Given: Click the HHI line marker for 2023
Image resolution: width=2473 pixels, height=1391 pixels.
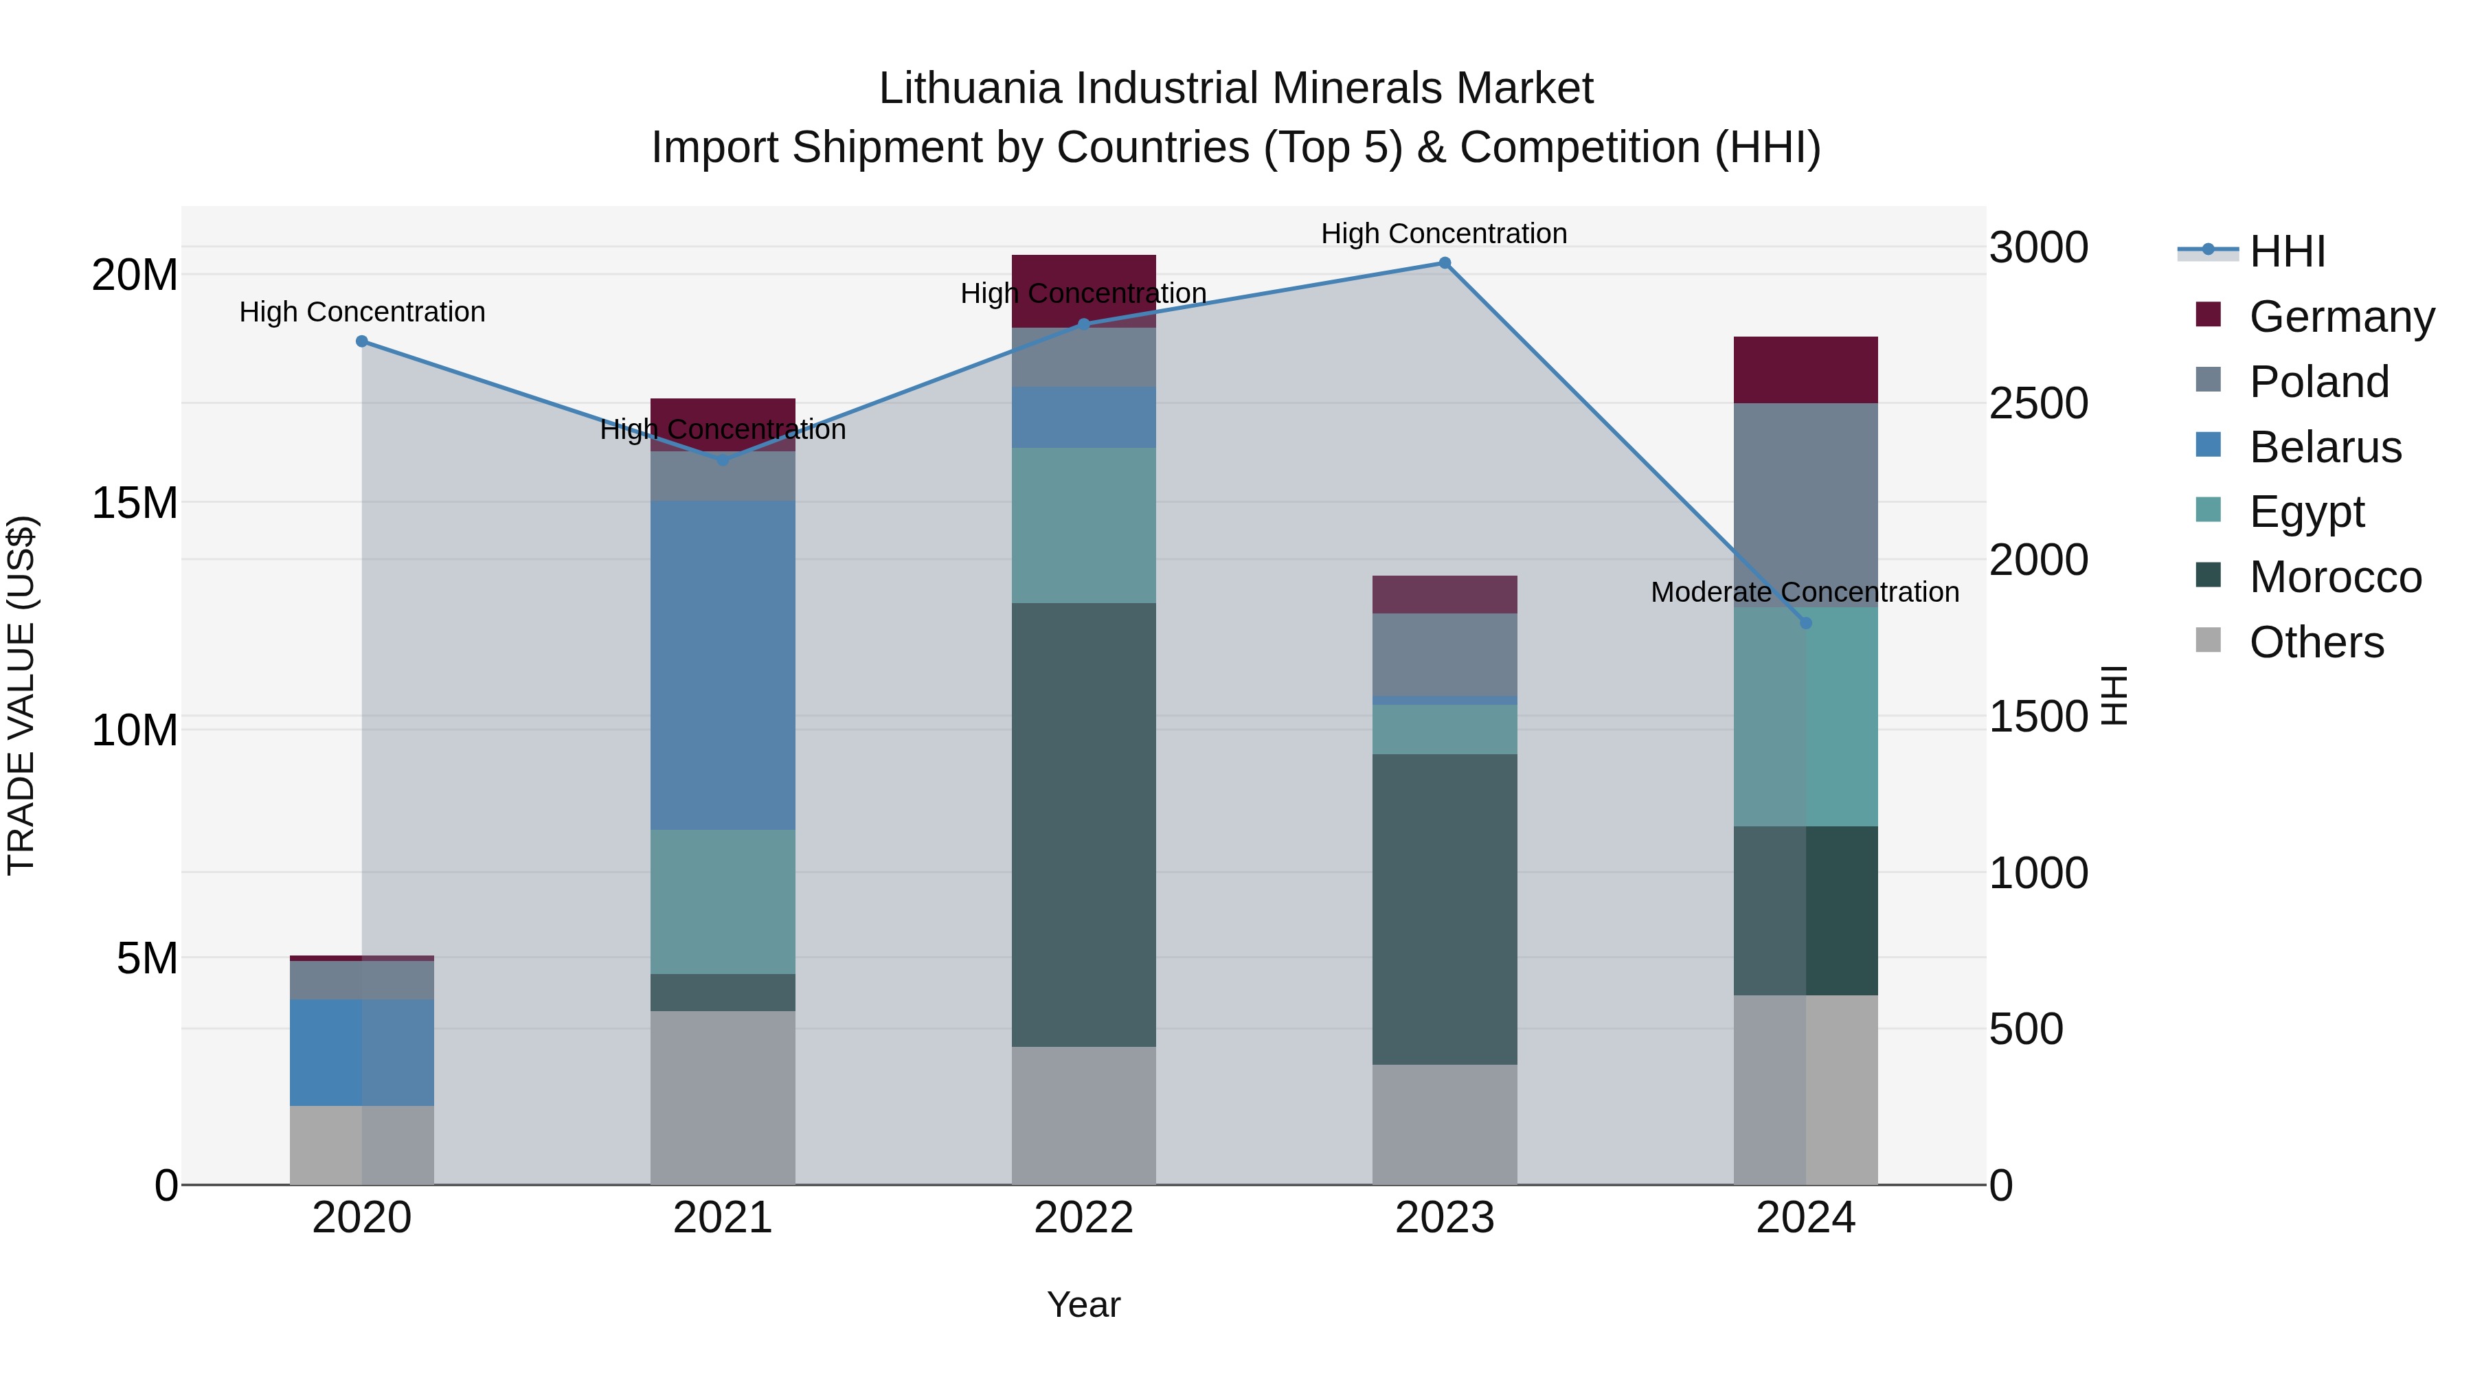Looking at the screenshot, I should [1444, 263].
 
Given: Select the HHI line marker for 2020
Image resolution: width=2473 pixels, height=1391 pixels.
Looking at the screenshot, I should [362, 341].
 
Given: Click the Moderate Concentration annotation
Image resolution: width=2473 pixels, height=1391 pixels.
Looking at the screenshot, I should [1805, 592].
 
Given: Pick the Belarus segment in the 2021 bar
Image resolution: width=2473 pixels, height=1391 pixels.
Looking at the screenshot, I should [723, 664].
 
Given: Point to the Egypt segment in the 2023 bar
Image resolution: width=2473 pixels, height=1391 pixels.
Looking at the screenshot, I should [1444, 730].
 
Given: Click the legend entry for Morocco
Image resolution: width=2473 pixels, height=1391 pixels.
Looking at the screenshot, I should [2335, 577].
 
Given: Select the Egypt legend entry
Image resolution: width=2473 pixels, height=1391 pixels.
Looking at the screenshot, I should [2306, 512].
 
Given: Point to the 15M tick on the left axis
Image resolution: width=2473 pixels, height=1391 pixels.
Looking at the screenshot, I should [135, 503].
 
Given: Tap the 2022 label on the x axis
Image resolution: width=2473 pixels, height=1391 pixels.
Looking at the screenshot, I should [1084, 1218].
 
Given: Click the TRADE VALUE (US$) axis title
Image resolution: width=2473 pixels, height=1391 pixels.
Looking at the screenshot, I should [21, 695].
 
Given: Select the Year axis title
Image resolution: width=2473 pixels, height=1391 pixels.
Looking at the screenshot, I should [1084, 1304].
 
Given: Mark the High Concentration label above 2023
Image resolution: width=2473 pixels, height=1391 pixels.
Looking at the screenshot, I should [1444, 234].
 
